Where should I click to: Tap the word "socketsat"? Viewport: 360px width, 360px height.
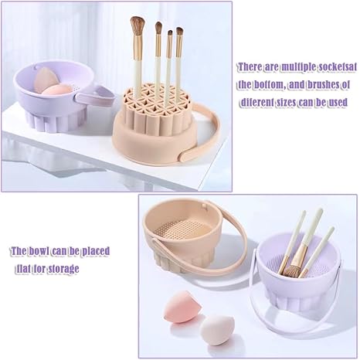335,67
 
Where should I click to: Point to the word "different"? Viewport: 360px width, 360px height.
260,101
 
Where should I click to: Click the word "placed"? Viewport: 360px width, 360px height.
93,252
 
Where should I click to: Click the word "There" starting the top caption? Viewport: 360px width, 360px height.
250,67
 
